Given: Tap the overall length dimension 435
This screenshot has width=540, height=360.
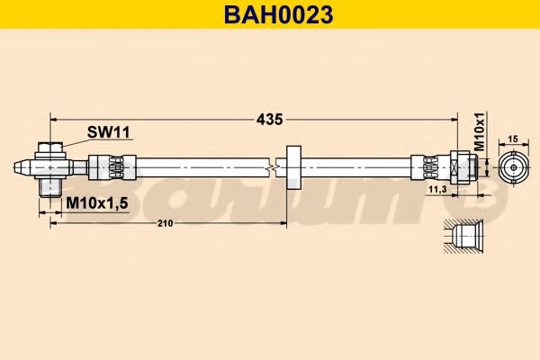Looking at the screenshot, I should point(269,118).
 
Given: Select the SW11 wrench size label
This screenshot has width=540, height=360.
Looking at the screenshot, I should point(109,132).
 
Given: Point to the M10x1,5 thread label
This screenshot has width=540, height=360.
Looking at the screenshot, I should point(97,203).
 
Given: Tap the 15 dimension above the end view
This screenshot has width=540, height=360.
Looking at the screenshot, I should point(513,139).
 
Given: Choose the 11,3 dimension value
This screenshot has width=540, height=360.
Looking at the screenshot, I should point(437,190).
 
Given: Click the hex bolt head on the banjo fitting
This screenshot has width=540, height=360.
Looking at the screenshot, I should point(51,148).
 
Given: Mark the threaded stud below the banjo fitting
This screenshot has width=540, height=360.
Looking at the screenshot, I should point(51,186).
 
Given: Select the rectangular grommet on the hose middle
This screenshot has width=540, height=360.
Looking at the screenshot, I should point(292,166).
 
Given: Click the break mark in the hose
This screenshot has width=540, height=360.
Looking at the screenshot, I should point(273,166).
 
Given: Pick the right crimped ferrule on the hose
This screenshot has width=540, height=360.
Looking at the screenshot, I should point(428,166).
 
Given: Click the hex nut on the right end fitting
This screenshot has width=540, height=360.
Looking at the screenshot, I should point(462,166).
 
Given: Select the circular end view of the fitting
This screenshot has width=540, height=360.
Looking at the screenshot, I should point(513,166).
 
